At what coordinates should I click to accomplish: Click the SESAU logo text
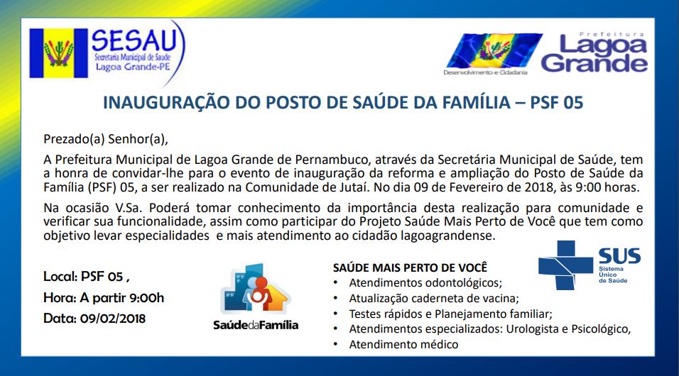(134, 40)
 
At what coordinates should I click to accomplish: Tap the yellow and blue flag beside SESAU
(58, 53)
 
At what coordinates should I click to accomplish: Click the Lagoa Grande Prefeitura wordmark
(594, 52)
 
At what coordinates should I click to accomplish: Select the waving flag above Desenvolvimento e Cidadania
(494, 50)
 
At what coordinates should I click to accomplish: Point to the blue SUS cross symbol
(565, 265)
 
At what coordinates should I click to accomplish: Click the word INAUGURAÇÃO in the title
(166, 103)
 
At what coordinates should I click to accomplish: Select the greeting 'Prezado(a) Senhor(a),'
(106, 139)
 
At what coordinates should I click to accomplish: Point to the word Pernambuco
(332, 160)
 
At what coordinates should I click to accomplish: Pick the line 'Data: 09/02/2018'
(94, 319)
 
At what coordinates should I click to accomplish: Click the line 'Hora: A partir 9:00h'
(104, 298)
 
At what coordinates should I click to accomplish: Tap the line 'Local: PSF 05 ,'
(86, 277)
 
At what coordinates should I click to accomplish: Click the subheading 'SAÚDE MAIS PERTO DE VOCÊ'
(410, 268)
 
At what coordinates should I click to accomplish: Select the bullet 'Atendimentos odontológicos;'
(425, 283)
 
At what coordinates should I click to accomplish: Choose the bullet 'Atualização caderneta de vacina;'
(434, 299)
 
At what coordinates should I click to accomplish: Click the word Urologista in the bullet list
(532, 329)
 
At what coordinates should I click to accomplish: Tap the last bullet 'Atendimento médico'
(403, 344)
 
